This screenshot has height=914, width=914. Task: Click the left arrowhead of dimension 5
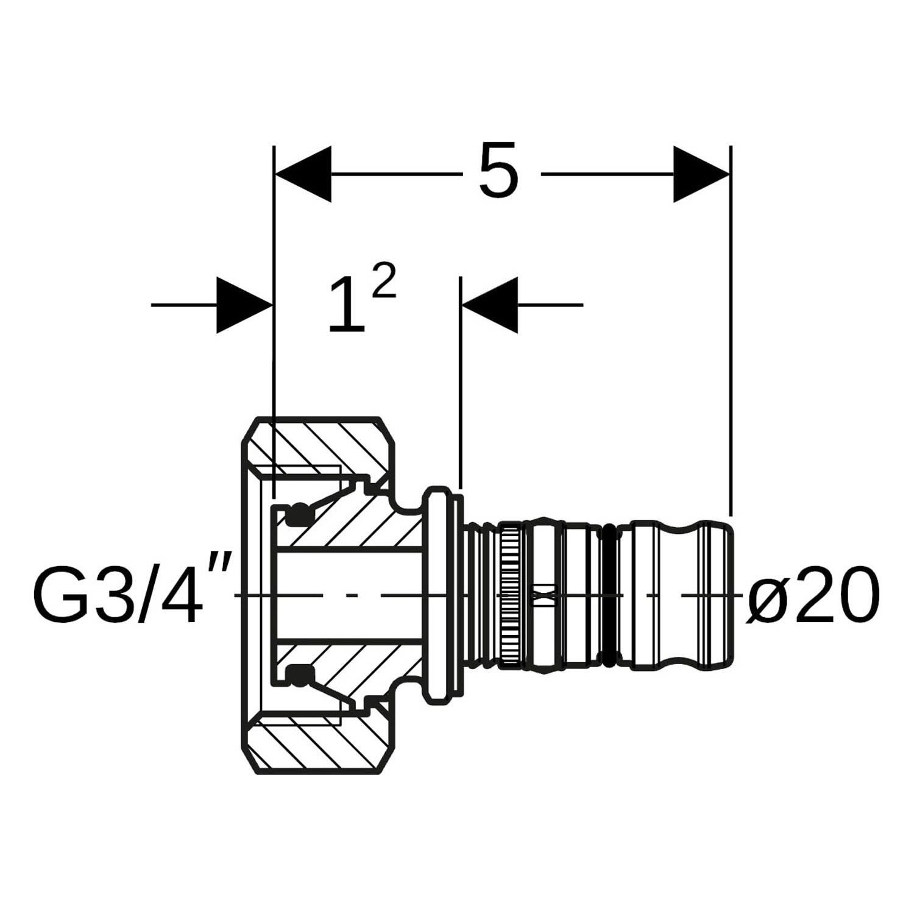[x=303, y=174]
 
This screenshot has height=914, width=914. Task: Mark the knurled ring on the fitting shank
[x=511, y=595]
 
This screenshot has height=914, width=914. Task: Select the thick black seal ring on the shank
[x=612, y=595]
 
